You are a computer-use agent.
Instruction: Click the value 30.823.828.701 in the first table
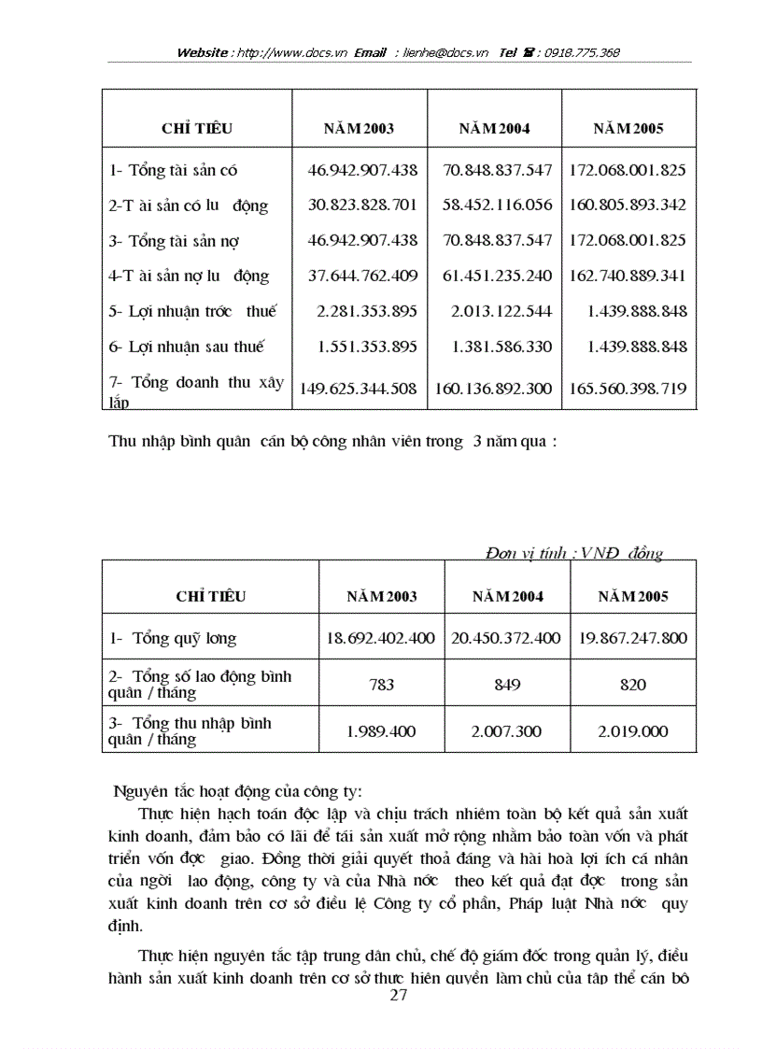(361, 205)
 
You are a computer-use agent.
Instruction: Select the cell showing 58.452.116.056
(495, 205)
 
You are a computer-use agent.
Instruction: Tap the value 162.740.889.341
(628, 276)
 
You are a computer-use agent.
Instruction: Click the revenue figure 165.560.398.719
(628, 388)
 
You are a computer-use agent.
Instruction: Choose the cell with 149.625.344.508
(359, 388)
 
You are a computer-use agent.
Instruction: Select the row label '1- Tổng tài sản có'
(173, 170)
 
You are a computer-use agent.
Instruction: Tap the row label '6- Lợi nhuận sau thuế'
(187, 347)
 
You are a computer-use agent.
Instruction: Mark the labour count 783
(381, 685)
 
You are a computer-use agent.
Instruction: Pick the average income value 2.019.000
(632, 731)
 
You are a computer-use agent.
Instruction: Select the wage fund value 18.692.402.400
(380, 638)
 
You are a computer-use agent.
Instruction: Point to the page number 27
(398, 995)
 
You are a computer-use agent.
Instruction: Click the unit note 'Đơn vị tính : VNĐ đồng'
(573, 553)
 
